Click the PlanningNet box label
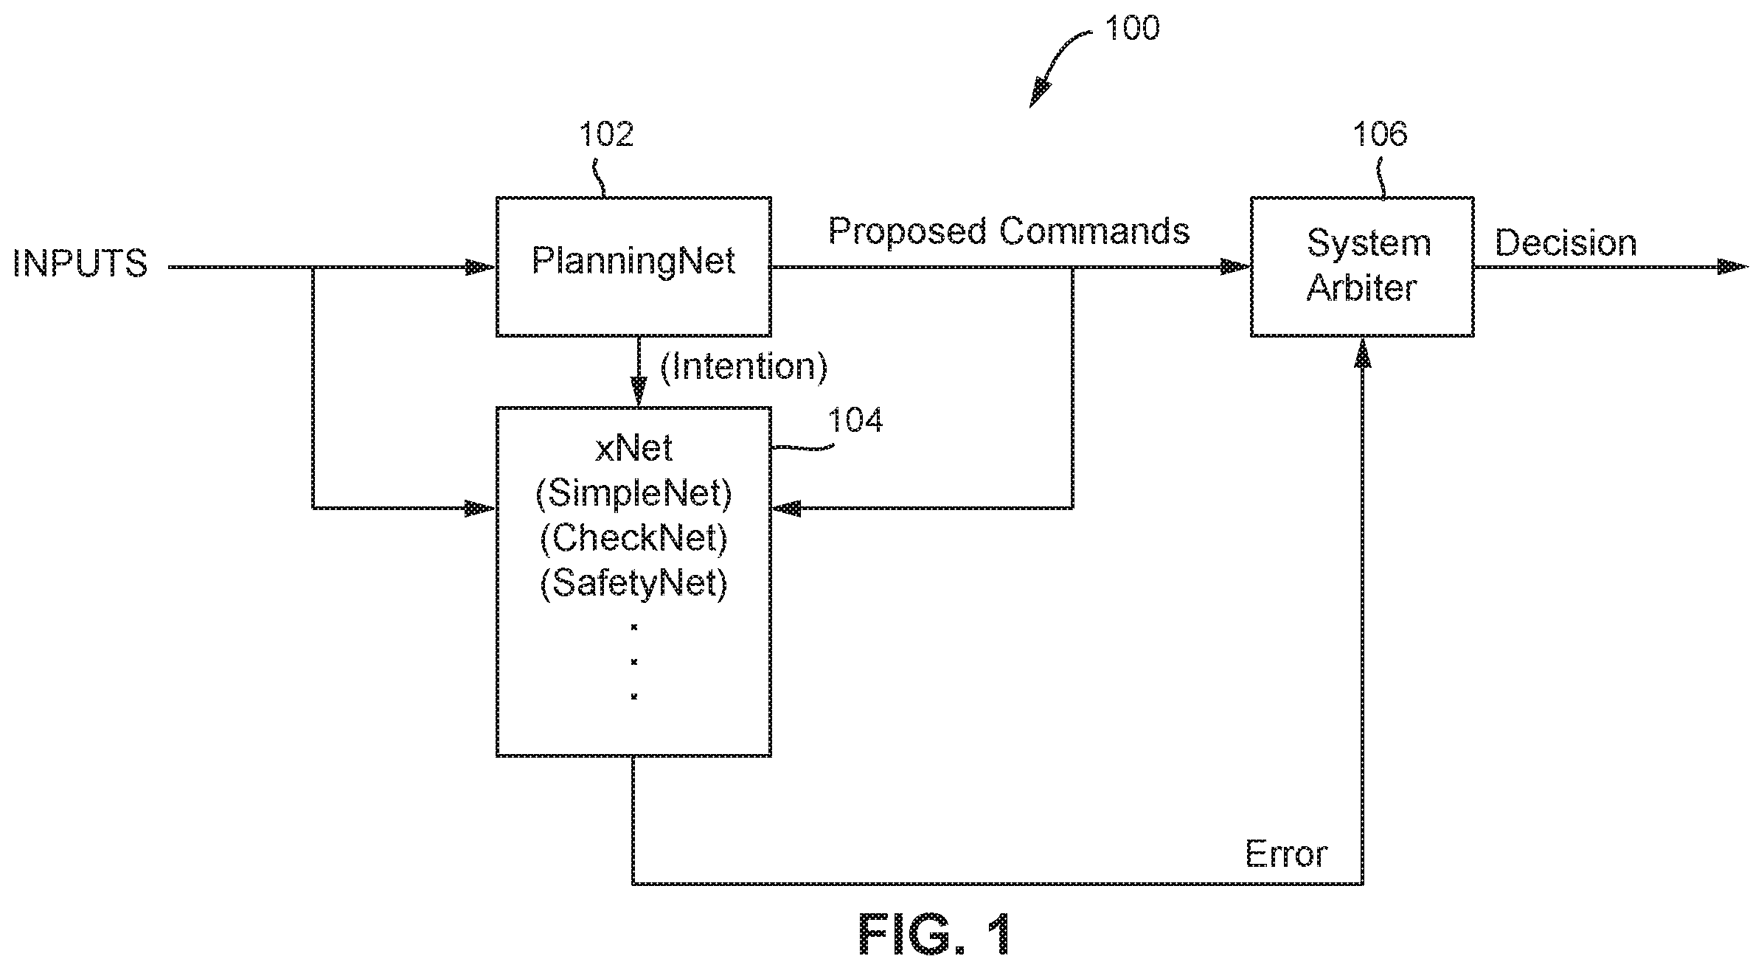click(x=633, y=261)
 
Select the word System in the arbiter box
click(x=1369, y=244)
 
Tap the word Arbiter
click(x=1361, y=287)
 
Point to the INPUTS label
click(x=80, y=263)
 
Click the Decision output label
click(x=1566, y=242)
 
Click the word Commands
click(x=1094, y=231)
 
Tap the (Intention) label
click(x=743, y=367)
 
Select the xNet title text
click(x=633, y=448)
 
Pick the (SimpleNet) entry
click(x=633, y=493)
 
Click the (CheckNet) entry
click(x=633, y=538)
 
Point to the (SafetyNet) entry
click(x=633, y=583)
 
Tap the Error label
click(x=1286, y=854)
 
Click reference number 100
click(x=1132, y=28)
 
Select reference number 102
click(x=606, y=134)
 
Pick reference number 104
click(x=855, y=420)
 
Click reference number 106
click(x=1380, y=134)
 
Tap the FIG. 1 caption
click(x=934, y=935)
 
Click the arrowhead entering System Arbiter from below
click(x=1362, y=353)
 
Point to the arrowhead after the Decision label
click(x=1732, y=267)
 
